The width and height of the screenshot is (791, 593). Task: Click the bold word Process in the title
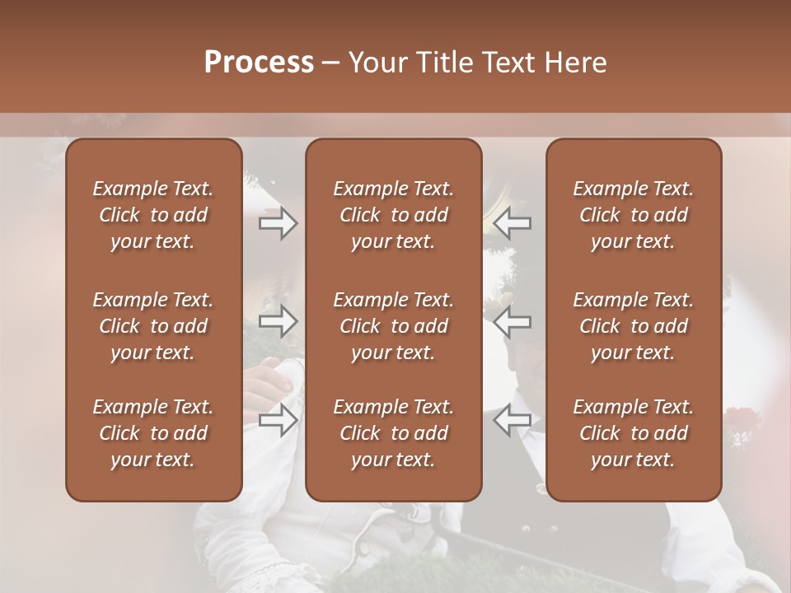(x=259, y=63)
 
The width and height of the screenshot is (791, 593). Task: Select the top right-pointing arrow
(x=278, y=222)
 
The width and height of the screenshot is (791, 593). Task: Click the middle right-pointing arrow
(x=278, y=321)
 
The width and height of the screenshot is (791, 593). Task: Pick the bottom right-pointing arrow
(x=278, y=420)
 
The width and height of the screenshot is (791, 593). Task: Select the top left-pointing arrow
(x=512, y=222)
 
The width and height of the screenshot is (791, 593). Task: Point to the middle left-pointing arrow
(x=512, y=321)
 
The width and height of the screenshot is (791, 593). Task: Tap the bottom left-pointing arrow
(x=512, y=420)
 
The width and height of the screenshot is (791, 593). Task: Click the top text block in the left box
(x=153, y=215)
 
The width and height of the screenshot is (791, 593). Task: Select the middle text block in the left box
(x=153, y=326)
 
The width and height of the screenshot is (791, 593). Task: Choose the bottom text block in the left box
(x=153, y=433)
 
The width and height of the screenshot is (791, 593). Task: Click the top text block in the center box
(x=393, y=215)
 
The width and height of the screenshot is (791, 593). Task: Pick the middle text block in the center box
(x=393, y=326)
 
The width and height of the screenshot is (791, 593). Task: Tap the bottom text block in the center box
(x=393, y=433)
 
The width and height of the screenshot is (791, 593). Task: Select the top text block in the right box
(x=633, y=215)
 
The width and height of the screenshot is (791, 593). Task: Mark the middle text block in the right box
(x=633, y=326)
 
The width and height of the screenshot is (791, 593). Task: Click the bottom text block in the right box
(x=633, y=433)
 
